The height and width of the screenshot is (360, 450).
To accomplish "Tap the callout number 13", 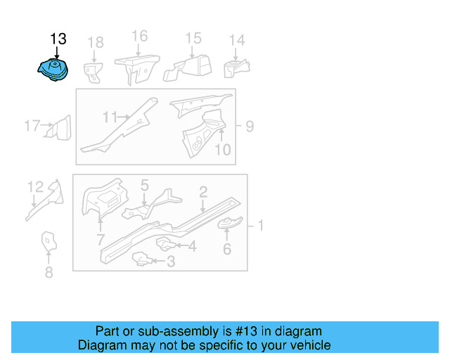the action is [58, 39].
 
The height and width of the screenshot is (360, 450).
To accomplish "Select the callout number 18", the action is [95, 43].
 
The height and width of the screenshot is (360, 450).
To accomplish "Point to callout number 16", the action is [139, 36].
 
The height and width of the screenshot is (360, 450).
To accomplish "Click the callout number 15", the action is [193, 39].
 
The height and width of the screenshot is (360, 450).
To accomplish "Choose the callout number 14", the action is [237, 40].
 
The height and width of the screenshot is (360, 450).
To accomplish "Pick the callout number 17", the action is [32, 126].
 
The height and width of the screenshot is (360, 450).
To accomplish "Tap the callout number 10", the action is [221, 149].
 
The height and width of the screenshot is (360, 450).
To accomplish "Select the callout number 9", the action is [249, 127].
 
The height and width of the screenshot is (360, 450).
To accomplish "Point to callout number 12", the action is [35, 187].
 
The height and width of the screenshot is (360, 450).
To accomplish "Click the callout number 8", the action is [49, 273].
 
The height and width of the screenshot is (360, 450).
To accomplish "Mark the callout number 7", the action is [99, 242].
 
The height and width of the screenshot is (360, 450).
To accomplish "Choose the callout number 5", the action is [144, 186].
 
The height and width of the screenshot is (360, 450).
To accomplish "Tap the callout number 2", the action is [202, 191].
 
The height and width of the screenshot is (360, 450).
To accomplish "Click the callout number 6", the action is [226, 248].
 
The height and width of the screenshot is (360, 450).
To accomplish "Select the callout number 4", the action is [192, 246].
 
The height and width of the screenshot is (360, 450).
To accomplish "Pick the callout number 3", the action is [170, 262].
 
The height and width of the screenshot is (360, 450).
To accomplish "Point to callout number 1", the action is [260, 226].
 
